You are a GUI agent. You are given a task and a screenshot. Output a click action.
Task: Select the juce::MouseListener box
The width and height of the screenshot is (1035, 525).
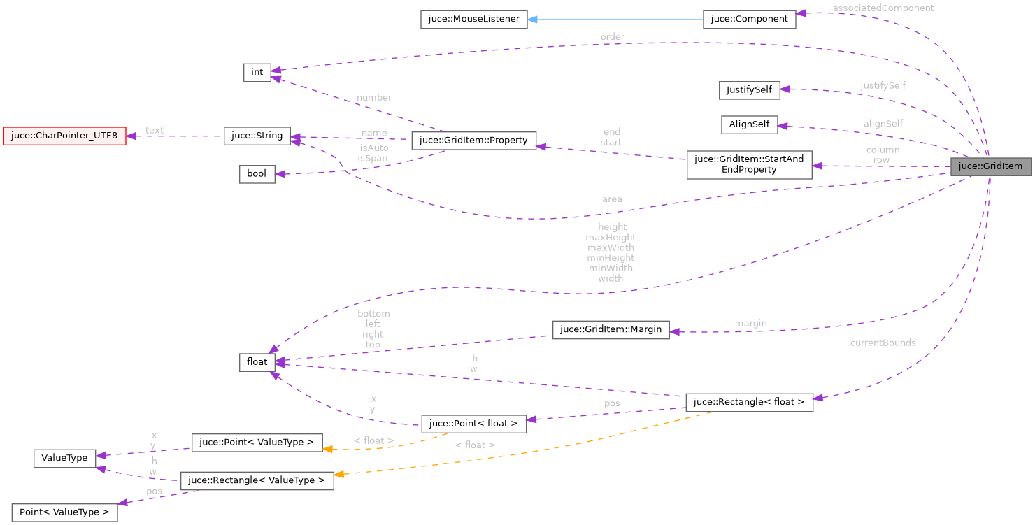pyautogui.click(x=473, y=20)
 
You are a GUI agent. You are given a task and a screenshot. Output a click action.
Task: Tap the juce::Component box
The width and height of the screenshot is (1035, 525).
pyautogui.click(x=749, y=20)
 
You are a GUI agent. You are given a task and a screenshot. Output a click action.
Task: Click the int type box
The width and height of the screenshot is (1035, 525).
pyautogui.click(x=257, y=72)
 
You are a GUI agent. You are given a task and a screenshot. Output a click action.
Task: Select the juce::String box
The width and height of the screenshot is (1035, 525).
pyautogui.click(x=257, y=136)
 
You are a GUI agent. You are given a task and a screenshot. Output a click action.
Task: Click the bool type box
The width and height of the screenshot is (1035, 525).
pyautogui.click(x=257, y=173)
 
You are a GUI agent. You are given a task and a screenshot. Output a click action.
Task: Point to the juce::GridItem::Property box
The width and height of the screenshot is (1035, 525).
pyautogui.click(x=473, y=140)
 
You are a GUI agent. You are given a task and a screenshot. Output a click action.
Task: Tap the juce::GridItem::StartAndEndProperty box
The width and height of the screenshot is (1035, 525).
pyautogui.click(x=749, y=164)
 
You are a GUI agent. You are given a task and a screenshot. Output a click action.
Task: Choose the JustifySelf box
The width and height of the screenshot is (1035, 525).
pyautogui.click(x=749, y=90)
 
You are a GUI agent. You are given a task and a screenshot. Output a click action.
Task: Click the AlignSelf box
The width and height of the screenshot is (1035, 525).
pyautogui.click(x=749, y=124)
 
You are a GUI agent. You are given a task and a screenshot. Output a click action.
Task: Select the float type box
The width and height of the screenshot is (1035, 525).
pyautogui.click(x=257, y=361)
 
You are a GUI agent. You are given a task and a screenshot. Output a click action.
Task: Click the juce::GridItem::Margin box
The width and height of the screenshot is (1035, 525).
pyautogui.click(x=611, y=330)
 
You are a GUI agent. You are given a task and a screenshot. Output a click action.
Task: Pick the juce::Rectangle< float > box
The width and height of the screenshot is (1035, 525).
pyautogui.click(x=749, y=402)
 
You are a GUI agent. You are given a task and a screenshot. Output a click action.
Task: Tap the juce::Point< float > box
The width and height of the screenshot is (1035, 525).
pyautogui.click(x=473, y=423)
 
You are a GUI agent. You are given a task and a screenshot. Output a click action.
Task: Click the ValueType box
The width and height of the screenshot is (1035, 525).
pyautogui.click(x=64, y=458)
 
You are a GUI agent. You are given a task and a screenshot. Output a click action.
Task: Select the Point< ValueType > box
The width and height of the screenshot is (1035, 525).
pyautogui.click(x=64, y=512)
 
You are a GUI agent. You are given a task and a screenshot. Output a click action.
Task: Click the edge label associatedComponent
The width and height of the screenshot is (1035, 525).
pyautogui.click(x=883, y=8)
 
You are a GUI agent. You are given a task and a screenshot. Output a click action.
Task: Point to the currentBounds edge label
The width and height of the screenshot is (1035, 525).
pyautogui.click(x=883, y=343)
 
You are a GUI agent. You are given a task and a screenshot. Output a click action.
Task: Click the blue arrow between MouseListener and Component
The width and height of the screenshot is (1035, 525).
pyautogui.click(x=615, y=20)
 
